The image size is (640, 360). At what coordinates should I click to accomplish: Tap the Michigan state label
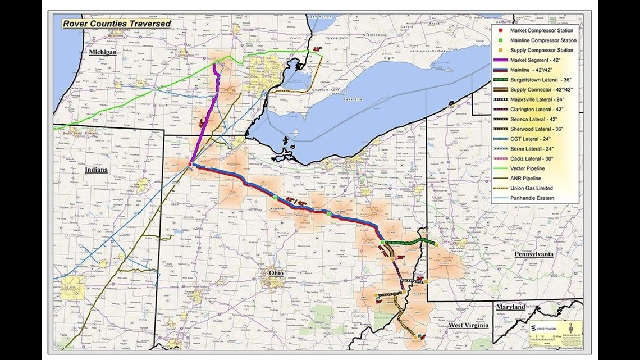102,52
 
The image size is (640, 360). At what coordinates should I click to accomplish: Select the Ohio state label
275,273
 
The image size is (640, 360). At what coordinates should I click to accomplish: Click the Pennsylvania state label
534,254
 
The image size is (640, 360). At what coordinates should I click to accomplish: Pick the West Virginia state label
468,325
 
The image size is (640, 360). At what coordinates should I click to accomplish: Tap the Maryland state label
510,307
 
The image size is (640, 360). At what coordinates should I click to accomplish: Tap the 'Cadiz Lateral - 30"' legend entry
531,159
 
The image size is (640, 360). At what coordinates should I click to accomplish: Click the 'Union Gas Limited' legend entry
531,188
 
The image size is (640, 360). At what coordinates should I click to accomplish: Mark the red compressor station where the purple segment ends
190,164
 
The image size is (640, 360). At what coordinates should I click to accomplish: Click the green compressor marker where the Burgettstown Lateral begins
382,242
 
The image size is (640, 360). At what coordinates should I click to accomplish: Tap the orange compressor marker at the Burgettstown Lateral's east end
437,244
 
